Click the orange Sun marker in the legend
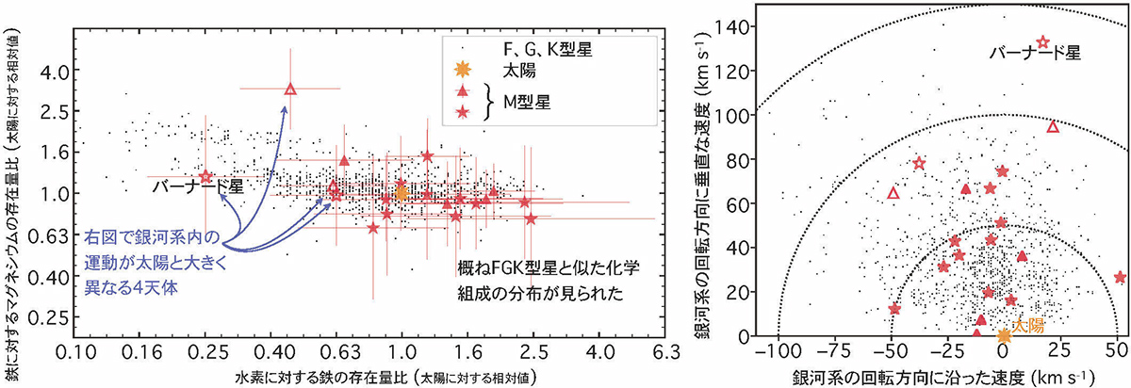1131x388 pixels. pyautogui.click(x=462, y=69)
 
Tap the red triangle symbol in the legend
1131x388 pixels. pyautogui.click(x=462, y=91)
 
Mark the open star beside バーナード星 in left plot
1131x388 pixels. pyautogui.click(x=206, y=176)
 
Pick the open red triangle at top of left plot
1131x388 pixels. pyautogui.click(x=290, y=89)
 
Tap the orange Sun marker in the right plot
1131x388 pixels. pyautogui.click(x=1004, y=335)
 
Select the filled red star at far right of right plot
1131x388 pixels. pyautogui.click(x=1120, y=277)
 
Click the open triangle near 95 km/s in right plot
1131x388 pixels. pyautogui.click(x=1053, y=126)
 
